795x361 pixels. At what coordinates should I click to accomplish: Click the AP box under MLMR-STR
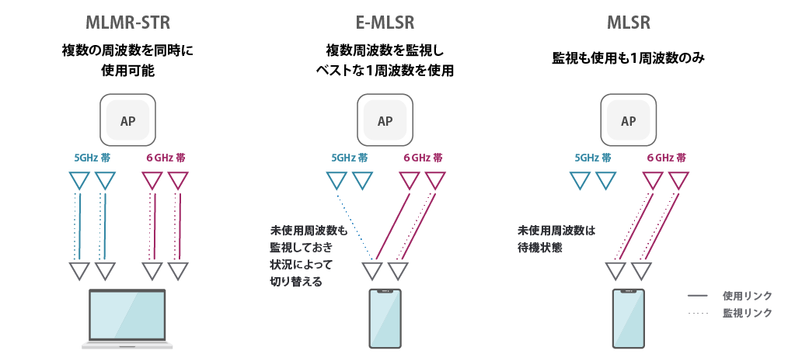[x=128, y=120]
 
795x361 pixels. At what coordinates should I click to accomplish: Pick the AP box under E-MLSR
[x=385, y=120]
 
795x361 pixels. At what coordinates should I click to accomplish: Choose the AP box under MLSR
[x=628, y=120]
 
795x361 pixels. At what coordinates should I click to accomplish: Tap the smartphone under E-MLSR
[x=385, y=318]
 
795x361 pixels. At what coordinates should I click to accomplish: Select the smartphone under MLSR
[x=628, y=318]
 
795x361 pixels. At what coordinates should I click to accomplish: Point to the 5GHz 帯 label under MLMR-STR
[x=91, y=158]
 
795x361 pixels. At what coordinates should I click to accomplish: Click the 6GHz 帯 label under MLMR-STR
[x=166, y=158]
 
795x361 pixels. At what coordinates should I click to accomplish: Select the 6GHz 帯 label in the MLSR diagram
[x=666, y=158]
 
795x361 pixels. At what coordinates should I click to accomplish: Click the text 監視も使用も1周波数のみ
[x=628, y=58]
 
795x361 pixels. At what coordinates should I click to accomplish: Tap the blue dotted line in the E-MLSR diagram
[x=354, y=225]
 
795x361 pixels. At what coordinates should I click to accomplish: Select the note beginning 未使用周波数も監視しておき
[x=305, y=256]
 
